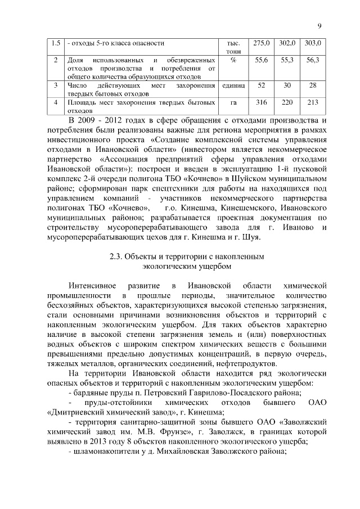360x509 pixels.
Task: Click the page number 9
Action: [319, 25]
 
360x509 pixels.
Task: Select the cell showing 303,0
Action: [313, 43]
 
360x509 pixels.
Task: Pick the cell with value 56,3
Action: [313, 60]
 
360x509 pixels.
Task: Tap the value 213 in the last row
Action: [313, 102]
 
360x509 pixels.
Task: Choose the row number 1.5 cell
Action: [55, 43]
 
